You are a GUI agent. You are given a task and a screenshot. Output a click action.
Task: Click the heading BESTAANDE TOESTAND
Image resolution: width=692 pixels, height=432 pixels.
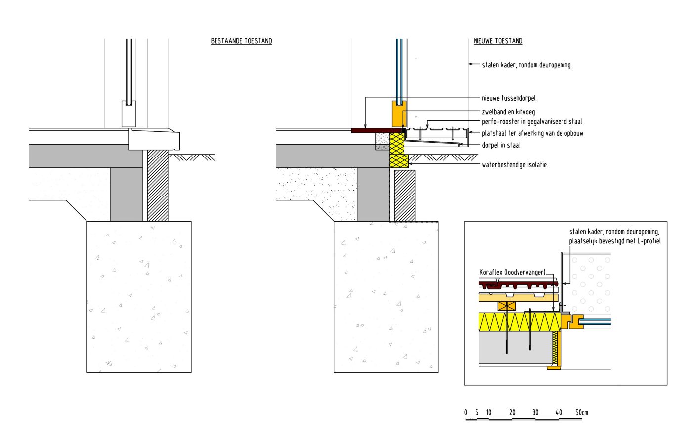241,41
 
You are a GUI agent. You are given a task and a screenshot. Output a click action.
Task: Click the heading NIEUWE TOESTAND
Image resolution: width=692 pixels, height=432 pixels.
498,41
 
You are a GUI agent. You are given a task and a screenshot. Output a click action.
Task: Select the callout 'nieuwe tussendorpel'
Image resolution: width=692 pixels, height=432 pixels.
509,98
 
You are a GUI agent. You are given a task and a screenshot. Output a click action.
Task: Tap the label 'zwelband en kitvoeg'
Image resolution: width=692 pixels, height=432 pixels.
508,112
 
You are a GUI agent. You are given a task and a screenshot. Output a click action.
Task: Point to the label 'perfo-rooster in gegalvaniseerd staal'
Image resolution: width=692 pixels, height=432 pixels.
532,122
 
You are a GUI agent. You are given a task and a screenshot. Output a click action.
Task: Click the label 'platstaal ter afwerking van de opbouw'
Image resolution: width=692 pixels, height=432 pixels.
532,133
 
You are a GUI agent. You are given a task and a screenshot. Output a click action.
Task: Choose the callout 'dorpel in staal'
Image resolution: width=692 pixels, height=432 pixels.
501,145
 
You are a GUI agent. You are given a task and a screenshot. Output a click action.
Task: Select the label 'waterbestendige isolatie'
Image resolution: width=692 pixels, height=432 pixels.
514,165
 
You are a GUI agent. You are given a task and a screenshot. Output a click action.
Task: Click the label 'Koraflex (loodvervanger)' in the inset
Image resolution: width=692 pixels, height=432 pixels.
513,272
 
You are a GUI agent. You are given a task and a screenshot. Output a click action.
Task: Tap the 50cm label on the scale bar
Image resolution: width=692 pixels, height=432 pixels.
582,413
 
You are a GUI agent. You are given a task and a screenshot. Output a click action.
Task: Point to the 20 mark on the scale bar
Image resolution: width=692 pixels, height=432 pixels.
512,413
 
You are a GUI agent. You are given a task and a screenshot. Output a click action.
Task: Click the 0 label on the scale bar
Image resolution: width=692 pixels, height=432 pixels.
466,413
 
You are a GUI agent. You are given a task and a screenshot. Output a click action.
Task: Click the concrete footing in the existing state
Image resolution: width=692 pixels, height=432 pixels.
139,296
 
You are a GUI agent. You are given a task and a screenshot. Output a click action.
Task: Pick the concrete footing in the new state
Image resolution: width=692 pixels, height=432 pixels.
386,296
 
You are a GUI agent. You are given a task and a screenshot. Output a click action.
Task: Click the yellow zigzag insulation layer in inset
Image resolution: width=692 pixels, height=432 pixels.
519,321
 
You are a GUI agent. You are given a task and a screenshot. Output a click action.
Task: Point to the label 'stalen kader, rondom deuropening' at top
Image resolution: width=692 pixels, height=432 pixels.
526,65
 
